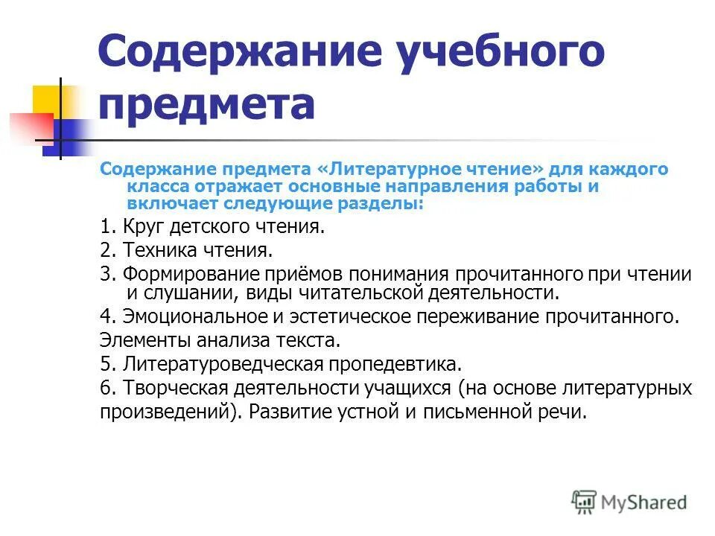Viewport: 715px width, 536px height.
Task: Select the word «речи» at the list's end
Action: click(x=565, y=412)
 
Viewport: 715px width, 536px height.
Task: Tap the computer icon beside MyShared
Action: click(x=584, y=502)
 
